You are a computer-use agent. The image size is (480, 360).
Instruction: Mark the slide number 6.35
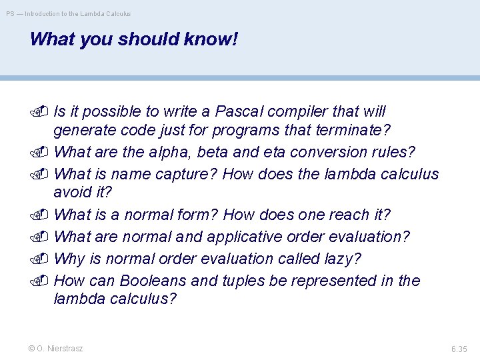pyautogui.click(x=459, y=349)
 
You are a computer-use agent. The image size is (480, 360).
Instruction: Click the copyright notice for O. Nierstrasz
pyautogui.click(x=56, y=349)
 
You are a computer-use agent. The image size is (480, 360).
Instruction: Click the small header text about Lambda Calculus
pyautogui.click(x=69, y=13)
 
